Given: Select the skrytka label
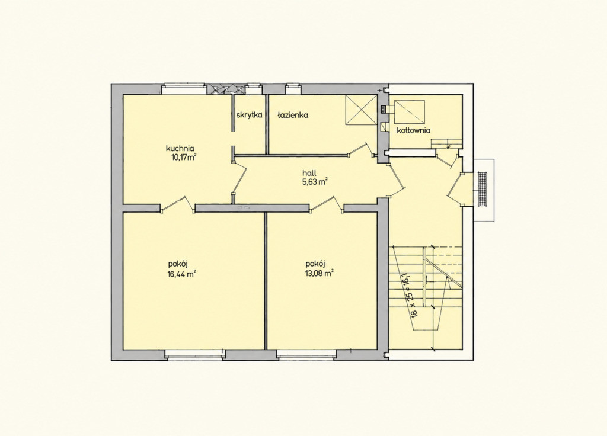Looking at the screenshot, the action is point(250,115).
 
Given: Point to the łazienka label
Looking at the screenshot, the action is point(293,115).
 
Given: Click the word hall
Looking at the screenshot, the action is point(309,173).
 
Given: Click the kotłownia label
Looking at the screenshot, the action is point(413,130).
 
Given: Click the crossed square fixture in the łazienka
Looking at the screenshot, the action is point(361,111).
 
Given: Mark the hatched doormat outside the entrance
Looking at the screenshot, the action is point(483,190).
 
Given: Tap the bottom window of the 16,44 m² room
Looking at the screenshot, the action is point(195,355).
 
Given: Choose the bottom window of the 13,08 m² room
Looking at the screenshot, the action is point(306,355).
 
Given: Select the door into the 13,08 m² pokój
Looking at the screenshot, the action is point(327,204).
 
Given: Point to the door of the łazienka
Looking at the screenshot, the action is point(361,149).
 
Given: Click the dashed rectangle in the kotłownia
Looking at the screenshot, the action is point(410,112).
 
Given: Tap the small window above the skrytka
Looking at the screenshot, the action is point(253,89).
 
